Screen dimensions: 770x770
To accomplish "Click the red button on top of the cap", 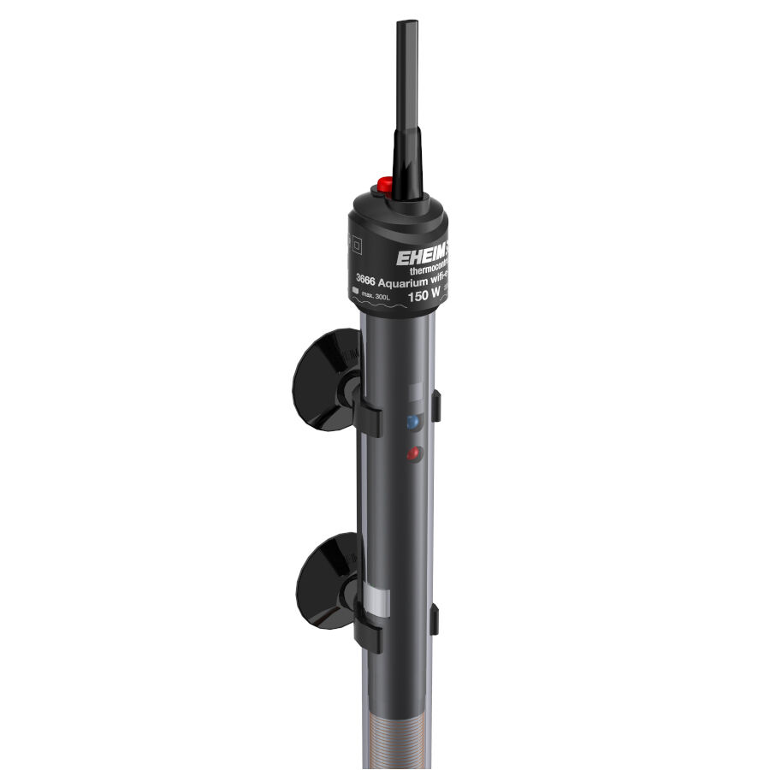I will tap(384, 184).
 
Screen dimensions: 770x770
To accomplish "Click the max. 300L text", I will tap(377, 296).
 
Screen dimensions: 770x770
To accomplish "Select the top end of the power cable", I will tap(406, 27).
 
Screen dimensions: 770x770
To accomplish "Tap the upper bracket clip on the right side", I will tap(436, 405).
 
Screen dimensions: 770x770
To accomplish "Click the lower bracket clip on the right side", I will tap(435, 619).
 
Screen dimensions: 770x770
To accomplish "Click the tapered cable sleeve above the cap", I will tap(407, 163).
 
